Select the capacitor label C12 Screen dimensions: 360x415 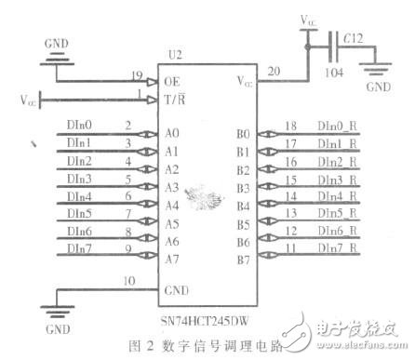coord(353,38)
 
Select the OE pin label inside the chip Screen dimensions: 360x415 coord(171,81)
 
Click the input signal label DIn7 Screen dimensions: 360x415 coord(81,247)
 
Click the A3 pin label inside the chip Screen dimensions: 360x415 coord(171,186)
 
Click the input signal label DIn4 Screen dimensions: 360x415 coord(81,195)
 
